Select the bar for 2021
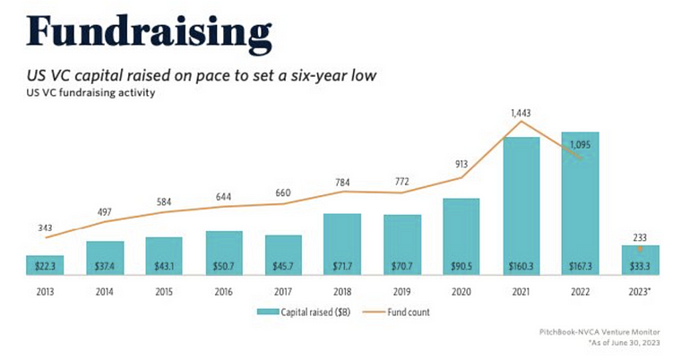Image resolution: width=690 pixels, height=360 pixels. tap(522, 206)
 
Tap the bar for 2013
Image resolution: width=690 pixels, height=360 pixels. tap(44, 265)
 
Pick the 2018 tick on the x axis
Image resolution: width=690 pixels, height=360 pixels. tap(342, 291)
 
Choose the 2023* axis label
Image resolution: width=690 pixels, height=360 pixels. tap(642, 291)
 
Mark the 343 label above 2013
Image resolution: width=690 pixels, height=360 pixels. tap(44, 227)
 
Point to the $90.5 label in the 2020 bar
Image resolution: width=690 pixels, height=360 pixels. tap(461, 266)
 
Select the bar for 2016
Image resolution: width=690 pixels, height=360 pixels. tap(223, 253)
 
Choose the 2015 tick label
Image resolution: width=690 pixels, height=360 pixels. tap(163, 291)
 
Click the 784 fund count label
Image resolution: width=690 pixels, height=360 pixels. tap(342, 183)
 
